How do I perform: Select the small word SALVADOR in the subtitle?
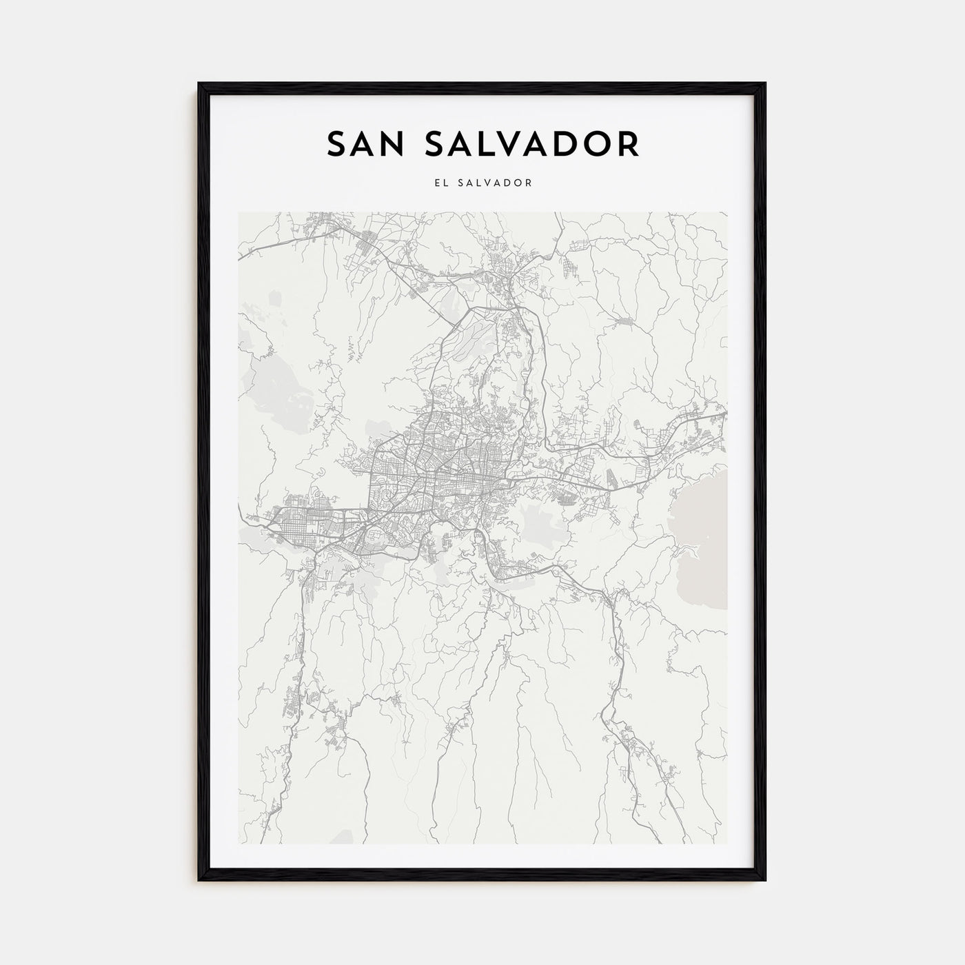point(496,183)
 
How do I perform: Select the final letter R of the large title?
point(630,144)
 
